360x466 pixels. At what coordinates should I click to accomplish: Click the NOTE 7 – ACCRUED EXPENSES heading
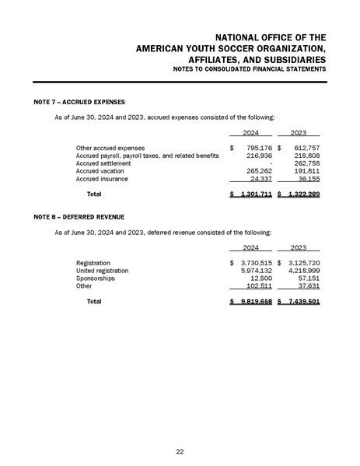point(79,102)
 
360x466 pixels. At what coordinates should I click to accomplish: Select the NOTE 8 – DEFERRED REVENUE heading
point(79,215)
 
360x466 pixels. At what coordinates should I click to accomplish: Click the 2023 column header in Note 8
point(300,247)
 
